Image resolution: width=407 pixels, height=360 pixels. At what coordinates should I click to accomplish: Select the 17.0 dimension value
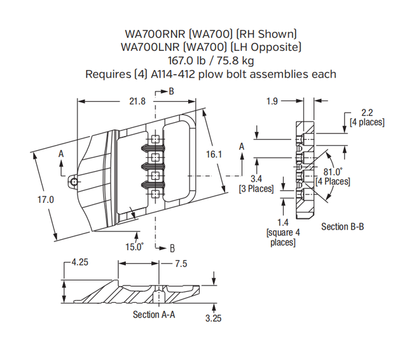[x=48, y=199]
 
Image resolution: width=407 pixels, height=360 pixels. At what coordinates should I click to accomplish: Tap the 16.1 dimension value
[x=214, y=154]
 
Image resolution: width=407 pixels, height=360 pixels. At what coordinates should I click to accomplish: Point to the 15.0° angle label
[x=133, y=247]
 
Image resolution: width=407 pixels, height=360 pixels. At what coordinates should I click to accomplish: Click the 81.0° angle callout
[x=333, y=172]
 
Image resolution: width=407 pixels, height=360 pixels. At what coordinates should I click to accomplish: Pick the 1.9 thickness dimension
[x=272, y=100]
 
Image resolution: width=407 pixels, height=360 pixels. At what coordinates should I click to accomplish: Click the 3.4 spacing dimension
[x=256, y=179]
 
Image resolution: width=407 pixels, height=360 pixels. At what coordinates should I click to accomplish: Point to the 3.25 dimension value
[x=214, y=319]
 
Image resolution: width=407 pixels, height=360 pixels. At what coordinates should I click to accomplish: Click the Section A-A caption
[x=154, y=314]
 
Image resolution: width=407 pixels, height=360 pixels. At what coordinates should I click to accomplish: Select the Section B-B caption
[x=342, y=226]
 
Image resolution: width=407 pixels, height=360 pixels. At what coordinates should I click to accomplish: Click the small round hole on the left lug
[x=75, y=183]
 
